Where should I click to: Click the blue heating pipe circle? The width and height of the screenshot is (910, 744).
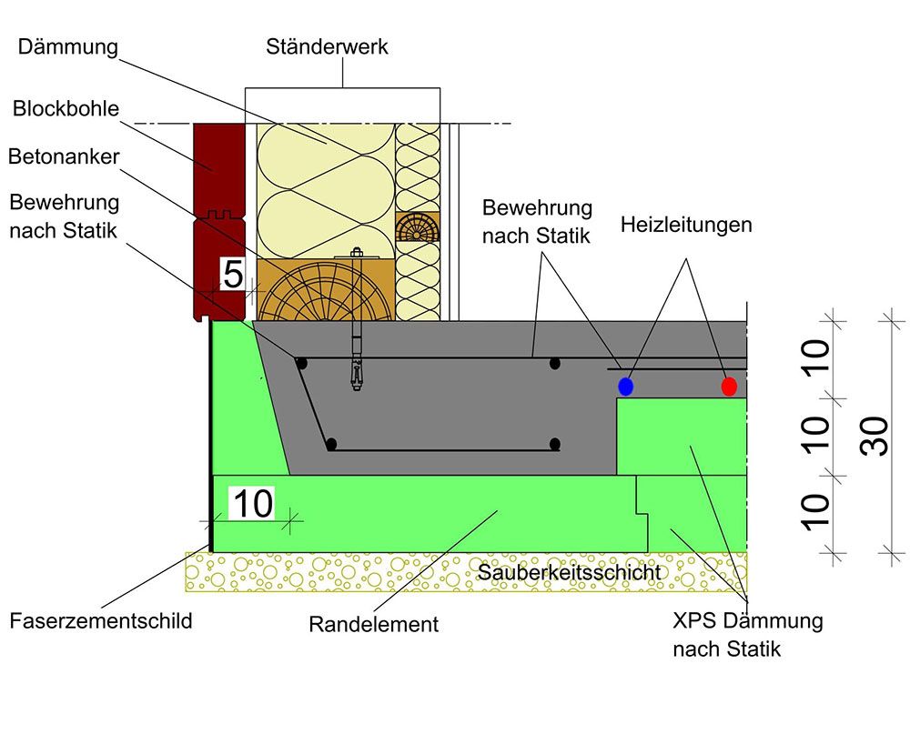[x=625, y=386]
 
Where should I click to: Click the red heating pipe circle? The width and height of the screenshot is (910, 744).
[x=729, y=386]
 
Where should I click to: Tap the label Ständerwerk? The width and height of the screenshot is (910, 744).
[x=327, y=46]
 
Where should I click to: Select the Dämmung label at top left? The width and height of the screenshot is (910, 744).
[x=67, y=46]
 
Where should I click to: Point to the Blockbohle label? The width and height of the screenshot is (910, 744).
[x=66, y=109]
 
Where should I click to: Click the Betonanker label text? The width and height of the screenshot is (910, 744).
[x=64, y=156]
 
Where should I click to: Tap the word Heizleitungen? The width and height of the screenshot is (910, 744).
[x=687, y=225]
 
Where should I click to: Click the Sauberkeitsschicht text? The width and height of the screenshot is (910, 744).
[x=569, y=573]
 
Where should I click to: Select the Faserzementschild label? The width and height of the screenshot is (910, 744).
[x=101, y=621]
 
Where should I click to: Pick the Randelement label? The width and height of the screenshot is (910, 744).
[x=373, y=625]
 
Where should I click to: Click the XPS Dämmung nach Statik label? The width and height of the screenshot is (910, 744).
[x=747, y=635]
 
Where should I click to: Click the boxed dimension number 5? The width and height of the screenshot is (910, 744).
[x=233, y=275]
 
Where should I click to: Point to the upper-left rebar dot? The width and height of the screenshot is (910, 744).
[x=301, y=363]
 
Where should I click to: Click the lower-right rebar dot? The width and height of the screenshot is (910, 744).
[x=555, y=445]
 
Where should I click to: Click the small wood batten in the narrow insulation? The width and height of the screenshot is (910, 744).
[x=417, y=227]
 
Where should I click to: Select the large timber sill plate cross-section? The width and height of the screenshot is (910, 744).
[x=325, y=289]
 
